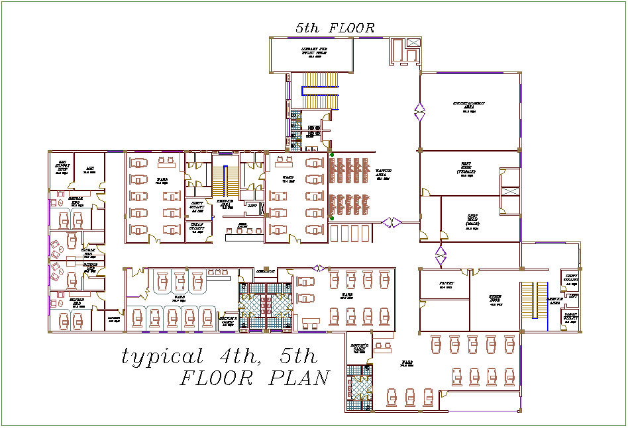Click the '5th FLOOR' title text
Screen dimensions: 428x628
click(335, 28)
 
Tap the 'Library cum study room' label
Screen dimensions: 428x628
click(313, 52)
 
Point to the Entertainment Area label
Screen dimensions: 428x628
click(469, 106)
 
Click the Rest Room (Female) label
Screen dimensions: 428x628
click(466, 168)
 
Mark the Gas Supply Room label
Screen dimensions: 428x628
click(63, 166)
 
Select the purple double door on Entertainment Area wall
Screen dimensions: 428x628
click(419, 112)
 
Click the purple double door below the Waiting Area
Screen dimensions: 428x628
click(392, 223)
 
